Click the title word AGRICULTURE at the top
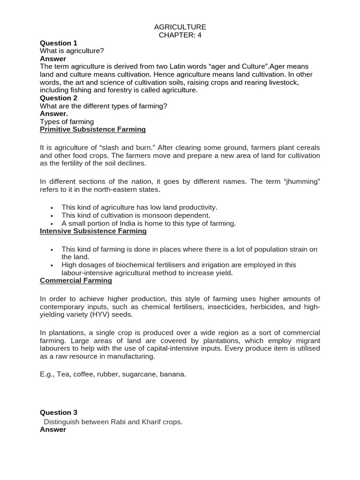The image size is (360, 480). [x=180, y=27]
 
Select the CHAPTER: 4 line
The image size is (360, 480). [x=180, y=35]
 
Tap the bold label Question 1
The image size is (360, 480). [x=59, y=43]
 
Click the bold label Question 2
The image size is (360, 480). [x=59, y=98]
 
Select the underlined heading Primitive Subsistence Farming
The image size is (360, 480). [x=93, y=129]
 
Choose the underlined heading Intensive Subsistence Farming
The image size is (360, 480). [x=93, y=231]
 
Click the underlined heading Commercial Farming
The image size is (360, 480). [x=76, y=281]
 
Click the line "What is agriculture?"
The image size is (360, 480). [x=72, y=51]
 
